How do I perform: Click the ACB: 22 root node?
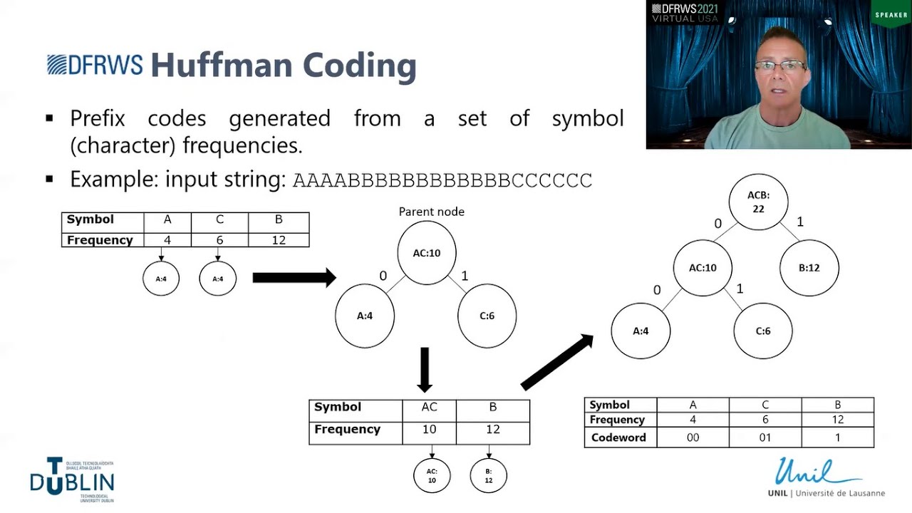coord(758,202)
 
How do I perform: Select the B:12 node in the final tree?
coord(809,268)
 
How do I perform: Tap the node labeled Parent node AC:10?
coord(426,252)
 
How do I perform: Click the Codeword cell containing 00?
coord(693,437)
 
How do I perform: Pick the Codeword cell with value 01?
coord(765,437)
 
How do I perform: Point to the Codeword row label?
coord(618,437)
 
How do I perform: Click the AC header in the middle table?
coord(429,408)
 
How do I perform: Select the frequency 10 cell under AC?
coord(429,430)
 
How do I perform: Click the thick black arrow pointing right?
coord(294,277)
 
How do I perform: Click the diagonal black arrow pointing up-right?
coord(557,362)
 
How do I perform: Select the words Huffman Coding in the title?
coord(283,66)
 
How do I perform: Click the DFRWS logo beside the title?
coord(94,65)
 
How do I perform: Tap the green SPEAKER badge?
coord(891,14)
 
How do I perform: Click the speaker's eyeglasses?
coord(780,66)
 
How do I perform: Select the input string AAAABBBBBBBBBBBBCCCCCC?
coord(442,180)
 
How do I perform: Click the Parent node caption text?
coord(431,212)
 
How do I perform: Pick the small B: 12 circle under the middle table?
coord(489,476)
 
